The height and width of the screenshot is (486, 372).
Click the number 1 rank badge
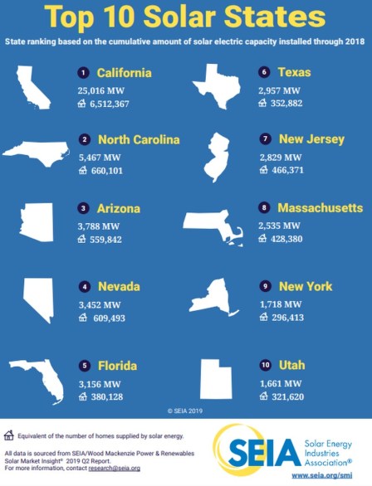(83, 73)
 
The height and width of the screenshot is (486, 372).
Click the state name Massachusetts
(320, 207)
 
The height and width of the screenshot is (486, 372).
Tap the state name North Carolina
(139, 139)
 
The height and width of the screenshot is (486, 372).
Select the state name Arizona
(119, 208)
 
